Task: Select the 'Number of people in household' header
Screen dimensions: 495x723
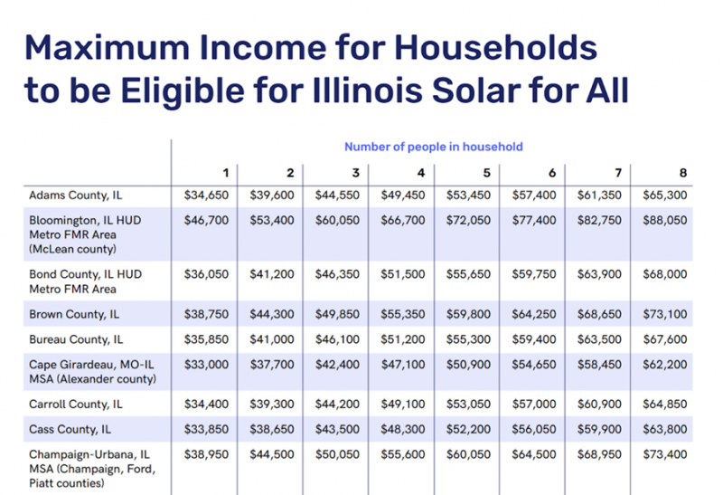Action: coord(433,147)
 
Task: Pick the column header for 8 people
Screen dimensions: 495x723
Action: coord(683,172)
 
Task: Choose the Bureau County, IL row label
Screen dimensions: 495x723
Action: coord(78,340)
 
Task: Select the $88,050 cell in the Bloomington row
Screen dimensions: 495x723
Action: coord(664,219)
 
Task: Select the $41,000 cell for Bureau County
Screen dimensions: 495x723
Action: coord(271,340)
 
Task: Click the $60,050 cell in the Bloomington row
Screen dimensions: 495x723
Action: coord(337,219)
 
